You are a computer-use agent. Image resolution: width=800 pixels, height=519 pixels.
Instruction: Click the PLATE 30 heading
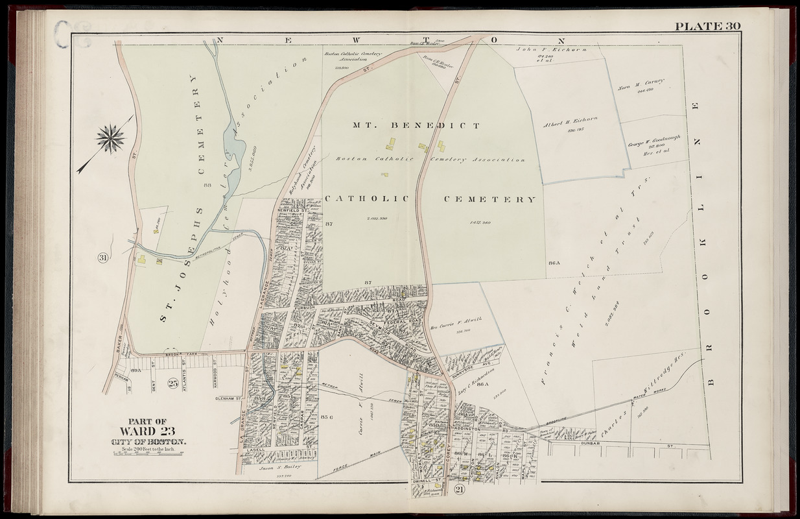click(707, 26)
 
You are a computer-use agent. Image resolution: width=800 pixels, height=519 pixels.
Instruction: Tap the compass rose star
click(111, 139)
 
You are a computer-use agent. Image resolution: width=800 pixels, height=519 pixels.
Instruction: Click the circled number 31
click(103, 258)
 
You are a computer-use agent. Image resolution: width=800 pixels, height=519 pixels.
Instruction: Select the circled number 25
click(172, 382)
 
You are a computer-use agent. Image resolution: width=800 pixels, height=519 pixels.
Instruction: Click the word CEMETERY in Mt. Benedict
click(490, 200)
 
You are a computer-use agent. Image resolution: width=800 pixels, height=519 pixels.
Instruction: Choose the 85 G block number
click(327, 416)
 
